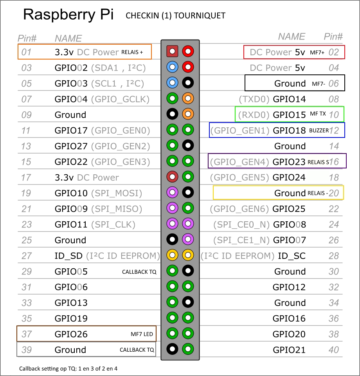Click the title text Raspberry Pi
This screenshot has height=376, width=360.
(68, 15)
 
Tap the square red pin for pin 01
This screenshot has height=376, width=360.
(173, 51)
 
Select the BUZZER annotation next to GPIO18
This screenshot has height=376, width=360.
(319, 130)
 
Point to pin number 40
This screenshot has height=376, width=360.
(333, 350)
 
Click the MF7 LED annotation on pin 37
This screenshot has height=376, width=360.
(142, 334)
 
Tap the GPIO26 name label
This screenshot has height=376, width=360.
(71, 334)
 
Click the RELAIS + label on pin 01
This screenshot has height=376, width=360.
(132, 52)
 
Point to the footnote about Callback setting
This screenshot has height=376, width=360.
(68, 369)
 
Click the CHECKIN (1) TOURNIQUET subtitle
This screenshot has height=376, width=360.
(175, 16)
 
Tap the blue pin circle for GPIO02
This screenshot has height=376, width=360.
(173, 67)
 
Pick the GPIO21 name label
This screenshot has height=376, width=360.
(289, 350)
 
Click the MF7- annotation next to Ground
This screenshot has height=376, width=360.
(318, 83)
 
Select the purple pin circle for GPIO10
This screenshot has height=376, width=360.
(173, 192)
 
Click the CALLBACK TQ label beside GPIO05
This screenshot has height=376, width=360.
(139, 272)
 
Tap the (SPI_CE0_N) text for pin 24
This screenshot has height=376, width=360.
(241, 224)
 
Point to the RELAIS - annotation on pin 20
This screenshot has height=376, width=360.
(318, 193)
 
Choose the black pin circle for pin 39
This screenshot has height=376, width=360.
(173, 349)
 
